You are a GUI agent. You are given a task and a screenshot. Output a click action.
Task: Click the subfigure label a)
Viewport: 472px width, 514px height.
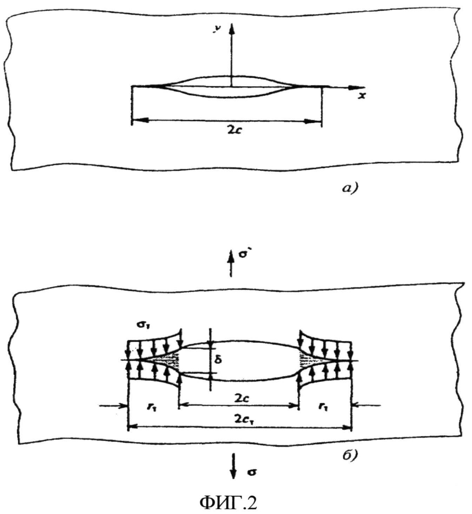pos(349,189)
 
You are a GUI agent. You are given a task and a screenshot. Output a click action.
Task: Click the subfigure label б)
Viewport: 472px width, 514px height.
pos(349,455)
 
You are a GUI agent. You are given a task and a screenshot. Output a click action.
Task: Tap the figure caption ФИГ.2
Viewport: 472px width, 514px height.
pos(228,502)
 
